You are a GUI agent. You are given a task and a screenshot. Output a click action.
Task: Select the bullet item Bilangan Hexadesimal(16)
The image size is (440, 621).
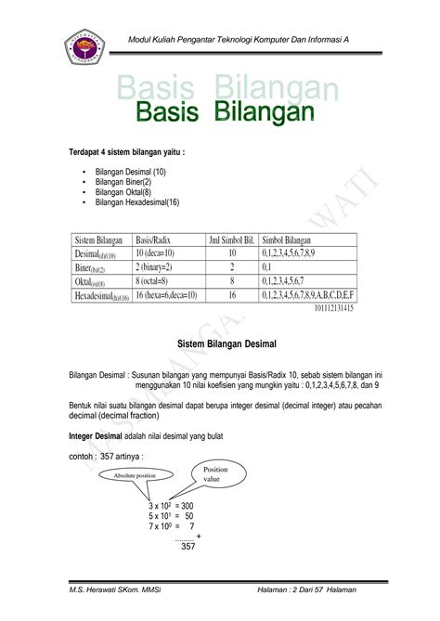[136, 201]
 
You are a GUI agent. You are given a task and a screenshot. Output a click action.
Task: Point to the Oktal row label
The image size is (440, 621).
[93, 281]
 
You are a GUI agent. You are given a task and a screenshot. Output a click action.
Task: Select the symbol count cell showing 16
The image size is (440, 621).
[232, 295]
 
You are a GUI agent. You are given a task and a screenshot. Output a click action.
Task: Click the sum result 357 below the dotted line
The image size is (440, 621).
[188, 547]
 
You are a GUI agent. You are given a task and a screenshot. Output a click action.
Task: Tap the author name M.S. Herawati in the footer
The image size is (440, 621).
[108, 590]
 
